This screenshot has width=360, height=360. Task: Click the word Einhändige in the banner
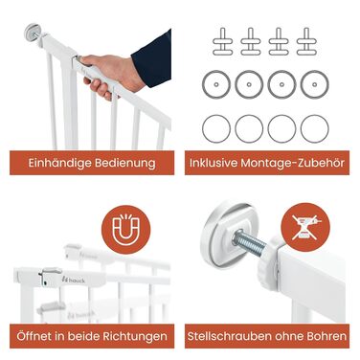coord(59,163)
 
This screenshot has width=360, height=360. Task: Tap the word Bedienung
coord(125,163)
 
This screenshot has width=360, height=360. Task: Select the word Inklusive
coord(214,163)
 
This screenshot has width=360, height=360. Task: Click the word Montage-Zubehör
coord(293,163)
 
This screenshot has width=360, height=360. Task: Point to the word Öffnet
coord(34,336)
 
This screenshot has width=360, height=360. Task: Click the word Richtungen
coord(135,336)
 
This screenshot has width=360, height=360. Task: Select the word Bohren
coord(326,336)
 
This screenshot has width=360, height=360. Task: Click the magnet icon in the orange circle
coord(125,230)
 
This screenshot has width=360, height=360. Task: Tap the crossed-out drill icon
coord(305,227)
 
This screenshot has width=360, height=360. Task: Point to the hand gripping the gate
coord(111,75)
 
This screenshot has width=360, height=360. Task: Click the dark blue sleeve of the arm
coord(152,58)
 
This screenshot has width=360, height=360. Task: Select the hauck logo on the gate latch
coord(74,280)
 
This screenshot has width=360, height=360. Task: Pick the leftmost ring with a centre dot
coord(216,84)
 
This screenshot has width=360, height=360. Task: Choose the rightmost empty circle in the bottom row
coord(314,128)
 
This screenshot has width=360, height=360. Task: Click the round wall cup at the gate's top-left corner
coord(32,32)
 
